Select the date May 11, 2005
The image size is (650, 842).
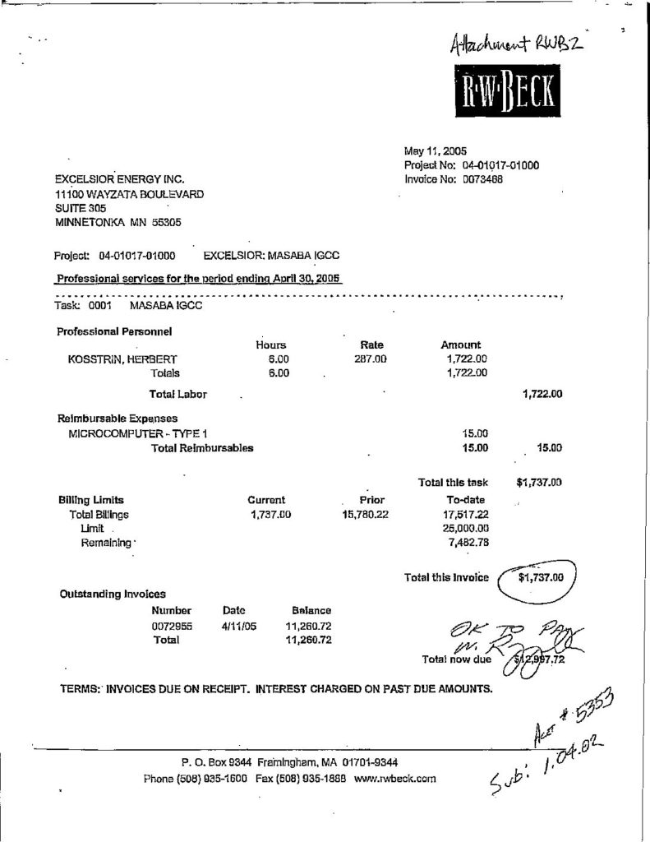pyautogui.click(x=435, y=151)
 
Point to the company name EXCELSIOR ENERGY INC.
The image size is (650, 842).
pyautogui.click(x=119, y=178)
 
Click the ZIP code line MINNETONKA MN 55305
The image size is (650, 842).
pyautogui.click(x=118, y=223)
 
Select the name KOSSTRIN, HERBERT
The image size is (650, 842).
pyautogui.click(x=122, y=359)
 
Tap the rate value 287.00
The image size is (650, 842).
pyautogui.click(x=371, y=359)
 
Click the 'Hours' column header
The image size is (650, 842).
pyautogui.click(x=270, y=345)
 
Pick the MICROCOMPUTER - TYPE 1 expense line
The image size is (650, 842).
pyautogui.click(x=140, y=433)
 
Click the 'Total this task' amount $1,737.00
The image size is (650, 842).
pyautogui.click(x=538, y=483)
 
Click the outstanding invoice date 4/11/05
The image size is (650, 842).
pyautogui.click(x=239, y=626)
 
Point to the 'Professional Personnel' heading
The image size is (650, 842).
pyautogui.click(x=113, y=331)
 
